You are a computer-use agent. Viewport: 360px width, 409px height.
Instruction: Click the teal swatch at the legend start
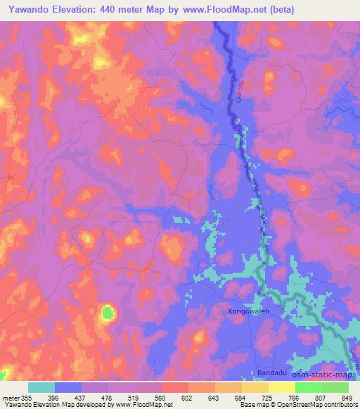[x=41, y=387]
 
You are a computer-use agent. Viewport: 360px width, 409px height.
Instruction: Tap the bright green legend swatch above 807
[x=308, y=387]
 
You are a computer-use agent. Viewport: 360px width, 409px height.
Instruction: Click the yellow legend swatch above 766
[x=281, y=387]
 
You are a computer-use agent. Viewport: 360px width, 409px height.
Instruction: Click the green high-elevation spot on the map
[x=107, y=312]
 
